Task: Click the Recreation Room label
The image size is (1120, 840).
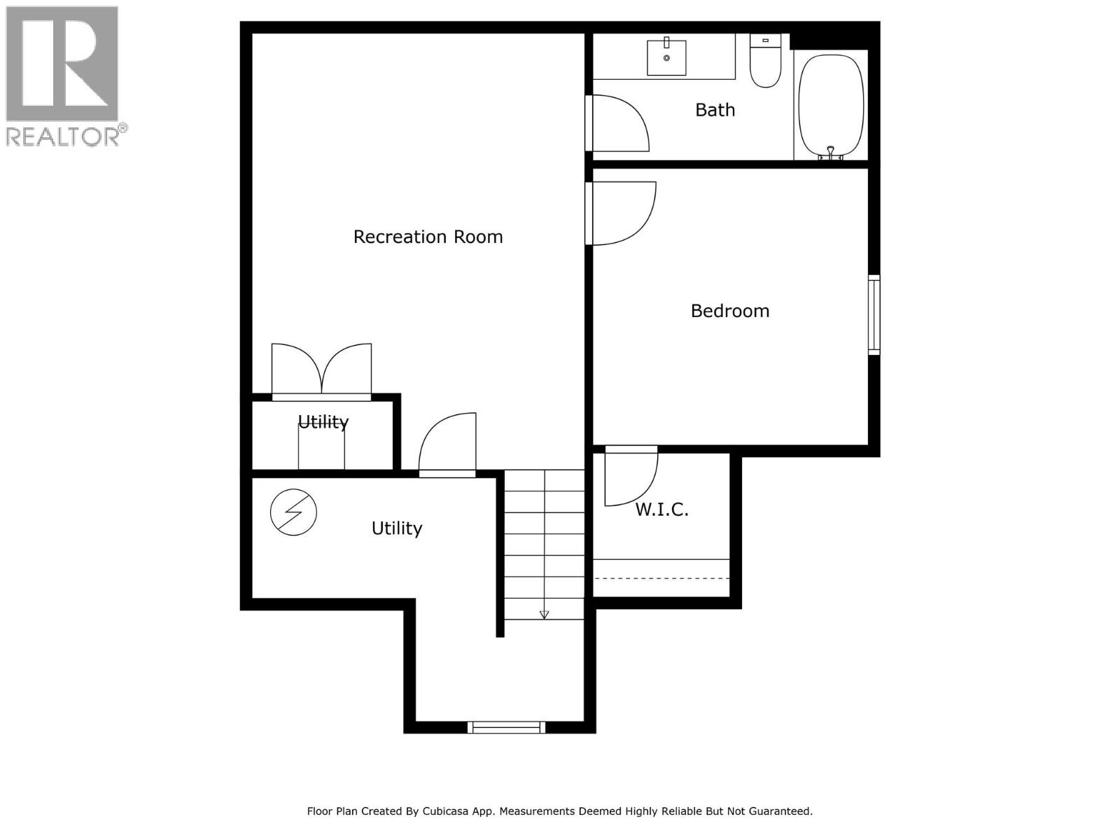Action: (428, 237)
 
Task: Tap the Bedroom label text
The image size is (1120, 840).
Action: (729, 311)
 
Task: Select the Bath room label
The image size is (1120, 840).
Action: (715, 110)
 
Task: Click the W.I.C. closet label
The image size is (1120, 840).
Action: (661, 510)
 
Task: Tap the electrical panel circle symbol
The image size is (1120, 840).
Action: (293, 512)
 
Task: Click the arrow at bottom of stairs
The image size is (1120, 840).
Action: (544, 614)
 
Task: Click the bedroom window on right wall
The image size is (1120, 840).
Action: (874, 315)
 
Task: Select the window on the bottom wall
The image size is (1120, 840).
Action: (506, 727)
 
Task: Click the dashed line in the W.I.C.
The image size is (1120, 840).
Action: (661, 578)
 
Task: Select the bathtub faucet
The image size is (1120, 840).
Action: (830, 152)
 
